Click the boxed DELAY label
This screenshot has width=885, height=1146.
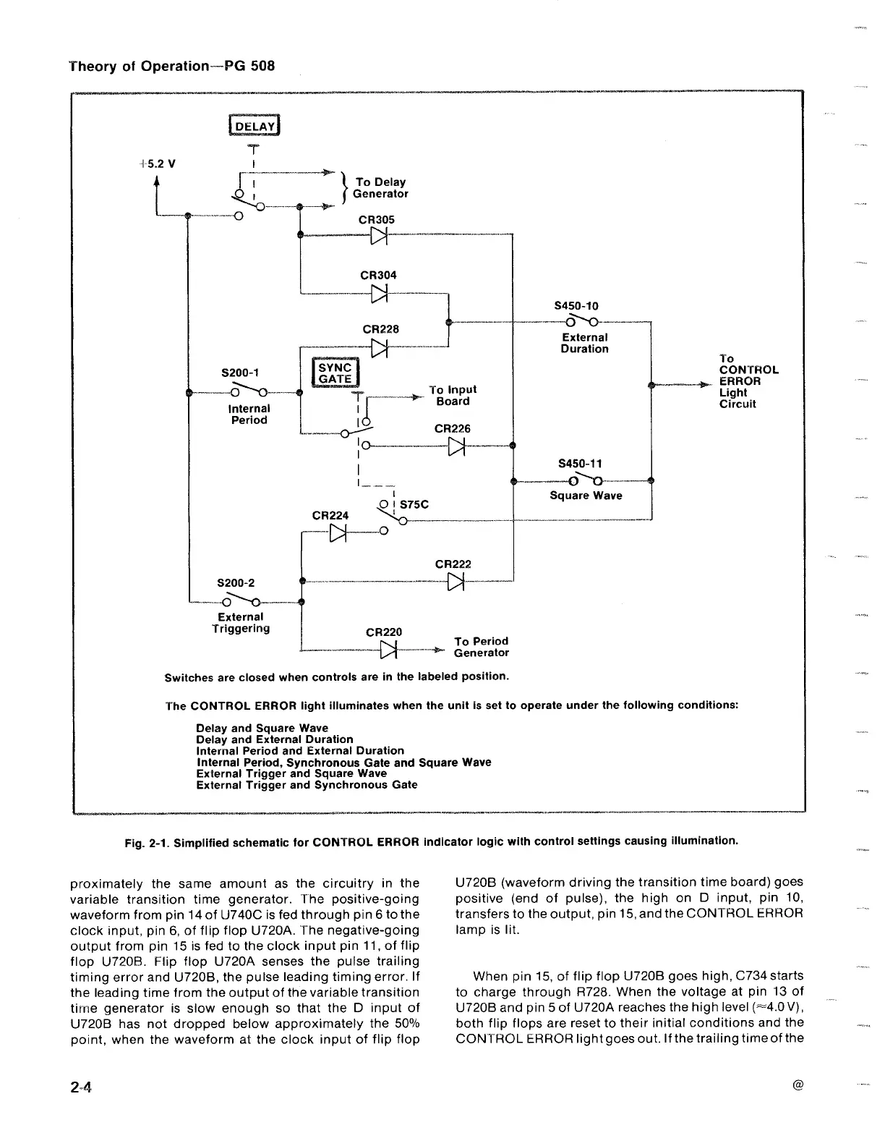click(x=253, y=127)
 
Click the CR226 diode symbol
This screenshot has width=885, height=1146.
click(x=456, y=446)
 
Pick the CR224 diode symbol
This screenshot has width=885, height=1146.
click(x=338, y=533)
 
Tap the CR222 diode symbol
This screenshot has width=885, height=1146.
click(x=456, y=581)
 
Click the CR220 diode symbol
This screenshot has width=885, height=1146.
click(x=390, y=650)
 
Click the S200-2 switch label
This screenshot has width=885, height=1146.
click(x=236, y=583)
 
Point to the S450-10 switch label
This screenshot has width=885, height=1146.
click(x=576, y=306)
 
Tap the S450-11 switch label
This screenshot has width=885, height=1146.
click(x=580, y=464)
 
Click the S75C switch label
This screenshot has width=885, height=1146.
click(x=414, y=504)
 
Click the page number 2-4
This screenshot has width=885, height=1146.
click(x=83, y=1087)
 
